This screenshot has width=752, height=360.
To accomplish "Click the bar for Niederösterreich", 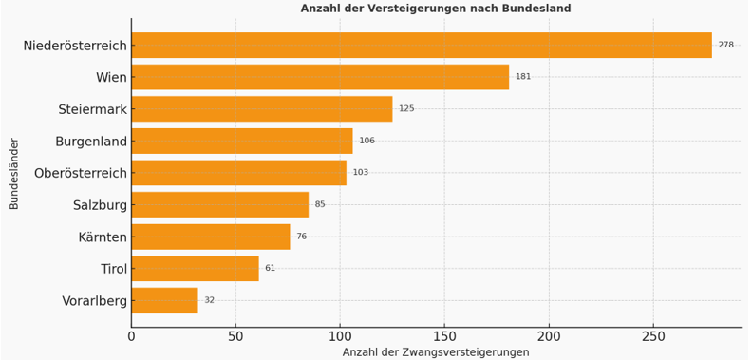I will tap(421, 46).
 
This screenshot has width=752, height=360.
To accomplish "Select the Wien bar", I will tap(320, 77).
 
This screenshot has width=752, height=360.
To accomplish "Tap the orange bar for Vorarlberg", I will tap(164, 300).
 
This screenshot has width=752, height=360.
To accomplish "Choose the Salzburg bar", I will tap(219, 204).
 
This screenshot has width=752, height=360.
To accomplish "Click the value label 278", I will tap(725, 46).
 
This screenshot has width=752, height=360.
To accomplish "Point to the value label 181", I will tap(523, 77).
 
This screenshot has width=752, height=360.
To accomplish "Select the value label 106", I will tap(367, 141).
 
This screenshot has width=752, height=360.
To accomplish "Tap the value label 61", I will tap(270, 269).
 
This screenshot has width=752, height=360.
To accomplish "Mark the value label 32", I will tap(209, 300).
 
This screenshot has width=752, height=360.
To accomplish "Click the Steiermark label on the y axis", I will tap(92, 109).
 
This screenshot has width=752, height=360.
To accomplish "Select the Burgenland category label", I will tap(90, 142).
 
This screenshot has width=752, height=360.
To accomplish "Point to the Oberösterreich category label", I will tap(80, 173).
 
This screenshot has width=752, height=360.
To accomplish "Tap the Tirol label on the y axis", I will tap(113, 269).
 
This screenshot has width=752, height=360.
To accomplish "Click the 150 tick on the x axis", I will tap(444, 336).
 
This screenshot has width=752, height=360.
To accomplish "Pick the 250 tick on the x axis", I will tap(653, 336).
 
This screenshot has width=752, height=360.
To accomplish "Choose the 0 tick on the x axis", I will tap(132, 336).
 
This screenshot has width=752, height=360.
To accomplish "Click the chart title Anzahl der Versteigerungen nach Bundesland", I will tap(436, 9).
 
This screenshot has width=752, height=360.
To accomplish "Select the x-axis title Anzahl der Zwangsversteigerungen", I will tap(436, 352).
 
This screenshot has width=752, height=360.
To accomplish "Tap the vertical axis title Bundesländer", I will tap(14, 173).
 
